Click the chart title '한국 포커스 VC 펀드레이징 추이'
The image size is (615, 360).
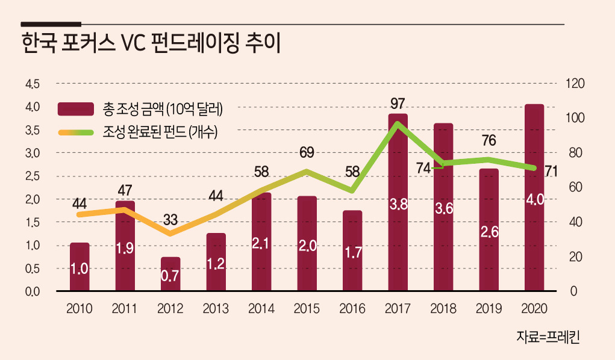(x=151, y=43)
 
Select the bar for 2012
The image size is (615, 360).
(x=170, y=274)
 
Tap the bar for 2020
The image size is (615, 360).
(x=534, y=197)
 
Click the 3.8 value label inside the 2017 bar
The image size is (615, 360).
(x=398, y=204)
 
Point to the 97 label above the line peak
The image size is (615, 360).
(x=398, y=104)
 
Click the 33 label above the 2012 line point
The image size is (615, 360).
(x=170, y=220)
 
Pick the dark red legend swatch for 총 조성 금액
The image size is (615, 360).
(x=76, y=109)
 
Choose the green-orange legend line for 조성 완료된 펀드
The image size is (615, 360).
(x=76, y=132)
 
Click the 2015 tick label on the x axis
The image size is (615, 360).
(x=307, y=309)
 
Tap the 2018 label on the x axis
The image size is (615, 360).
(x=443, y=309)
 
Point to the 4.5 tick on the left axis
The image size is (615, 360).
(x=32, y=84)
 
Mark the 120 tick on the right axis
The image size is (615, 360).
(x=575, y=84)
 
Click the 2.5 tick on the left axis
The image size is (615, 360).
(x=32, y=176)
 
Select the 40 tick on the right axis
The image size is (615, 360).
(x=575, y=222)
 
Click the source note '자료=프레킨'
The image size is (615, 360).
(x=548, y=337)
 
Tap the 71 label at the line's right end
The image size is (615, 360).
(x=551, y=171)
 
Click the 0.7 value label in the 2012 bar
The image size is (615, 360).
(x=170, y=276)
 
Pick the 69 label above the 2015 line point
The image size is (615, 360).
(x=307, y=152)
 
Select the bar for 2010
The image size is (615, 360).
(x=80, y=267)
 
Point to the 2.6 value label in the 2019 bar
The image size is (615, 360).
(x=490, y=232)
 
